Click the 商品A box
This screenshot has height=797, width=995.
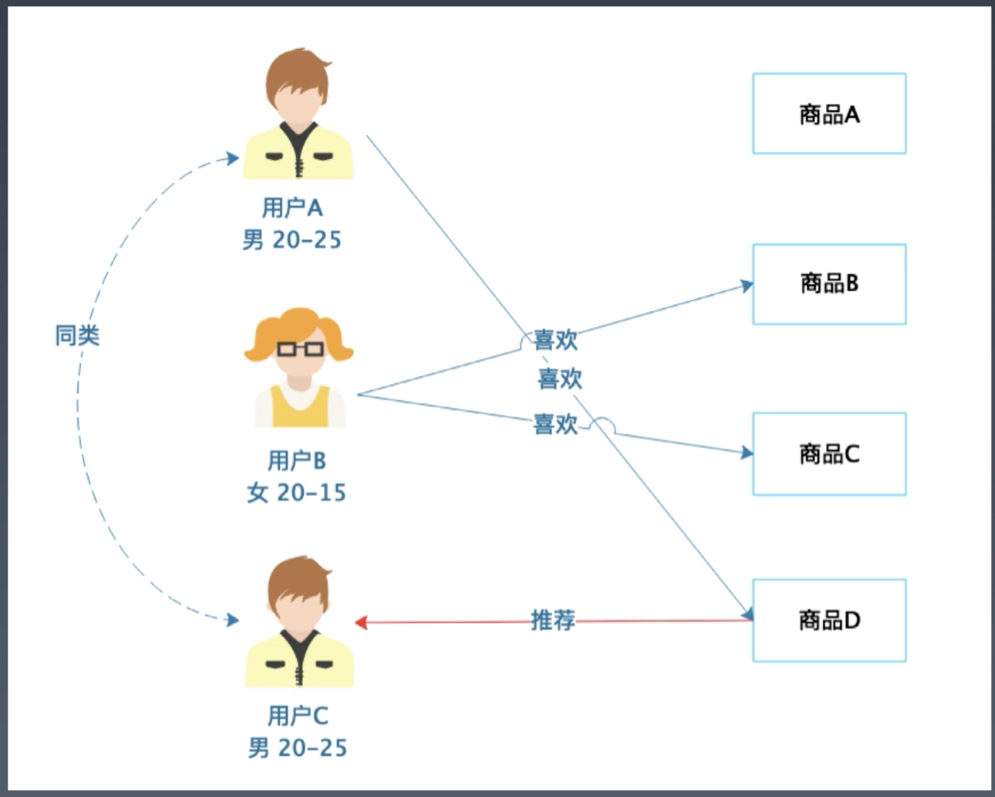coord(829,114)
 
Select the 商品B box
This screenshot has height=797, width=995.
coord(829,284)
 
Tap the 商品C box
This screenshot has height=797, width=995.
coord(829,454)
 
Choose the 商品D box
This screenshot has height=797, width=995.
coord(829,620)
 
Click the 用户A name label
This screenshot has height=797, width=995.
coord(292,208)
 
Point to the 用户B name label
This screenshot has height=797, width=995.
coord(297,461)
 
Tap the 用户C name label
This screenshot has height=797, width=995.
coord(298,716)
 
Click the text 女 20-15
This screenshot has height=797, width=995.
coord(297,493)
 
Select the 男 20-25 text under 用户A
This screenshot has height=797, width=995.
coord(292,240)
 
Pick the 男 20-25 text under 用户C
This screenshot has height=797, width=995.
coord(298,748)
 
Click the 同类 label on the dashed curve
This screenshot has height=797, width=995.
coord(77,335)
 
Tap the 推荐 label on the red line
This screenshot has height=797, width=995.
coord(553,620)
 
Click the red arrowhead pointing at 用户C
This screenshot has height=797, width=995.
coord(361,622)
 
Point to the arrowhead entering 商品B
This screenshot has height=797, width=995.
coord(747,285)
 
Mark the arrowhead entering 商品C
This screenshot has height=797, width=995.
coord(747,452)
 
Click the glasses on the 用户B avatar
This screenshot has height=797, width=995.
coord(300,349)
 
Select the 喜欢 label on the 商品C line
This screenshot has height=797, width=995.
coord(555,424)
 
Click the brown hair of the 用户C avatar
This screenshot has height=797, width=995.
coord(298,575)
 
